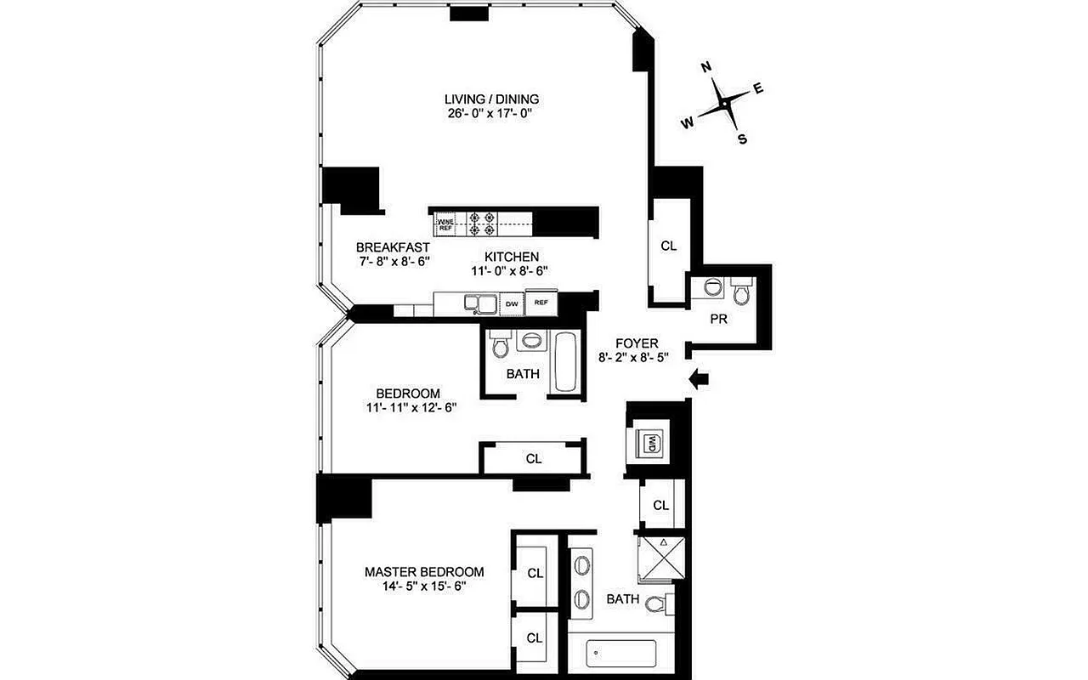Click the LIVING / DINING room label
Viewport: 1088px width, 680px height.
pos(491,98)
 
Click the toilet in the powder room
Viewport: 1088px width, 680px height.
pos(740,292)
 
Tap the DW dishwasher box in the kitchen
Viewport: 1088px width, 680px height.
pos(512,302)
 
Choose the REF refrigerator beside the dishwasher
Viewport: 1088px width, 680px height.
pos(541,302)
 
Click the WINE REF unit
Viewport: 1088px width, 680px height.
pos(445,225)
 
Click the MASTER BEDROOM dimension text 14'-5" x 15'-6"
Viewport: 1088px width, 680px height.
pos(424,586)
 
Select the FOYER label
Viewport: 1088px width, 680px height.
pos(637,343)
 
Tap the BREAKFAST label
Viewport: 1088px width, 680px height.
pos(387,247)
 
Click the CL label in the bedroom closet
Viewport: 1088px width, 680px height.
pos(533,459)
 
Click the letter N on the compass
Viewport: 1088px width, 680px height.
pos(705,67)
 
